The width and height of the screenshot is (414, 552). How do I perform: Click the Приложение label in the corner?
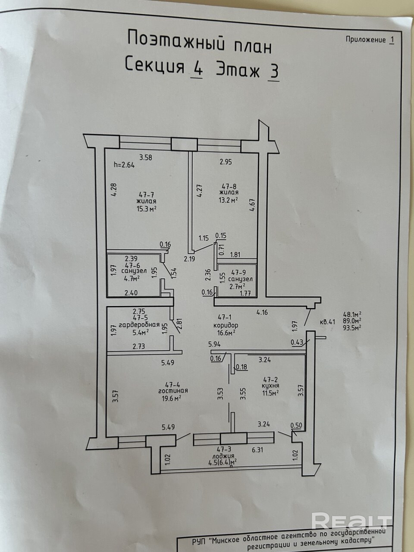tap(365, 39)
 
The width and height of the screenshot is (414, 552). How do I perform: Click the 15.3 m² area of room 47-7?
tap(146, 209)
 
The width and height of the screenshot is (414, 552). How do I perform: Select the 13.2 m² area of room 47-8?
tap(229, 200)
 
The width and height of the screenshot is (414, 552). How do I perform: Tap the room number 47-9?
tap(238, 273)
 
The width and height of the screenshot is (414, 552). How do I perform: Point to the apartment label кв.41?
tap(328, 321)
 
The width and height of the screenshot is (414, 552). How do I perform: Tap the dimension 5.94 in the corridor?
tap(214, 344)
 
